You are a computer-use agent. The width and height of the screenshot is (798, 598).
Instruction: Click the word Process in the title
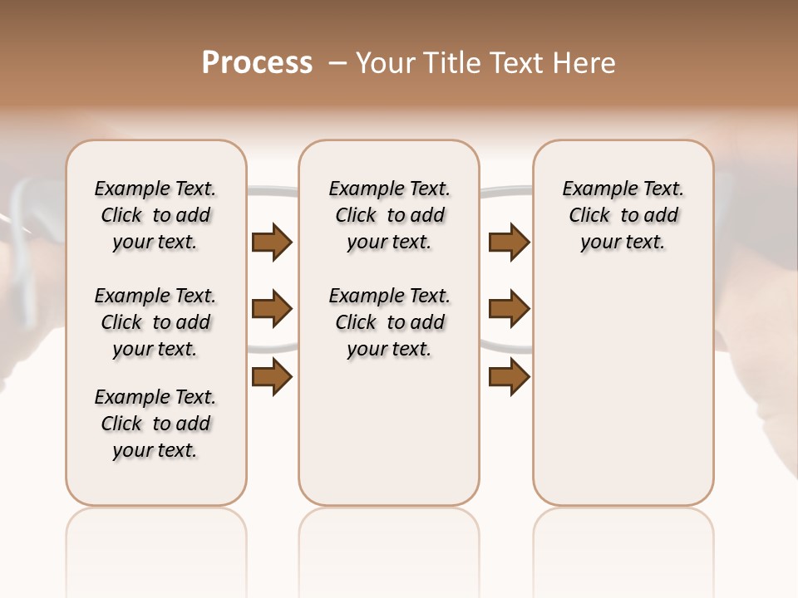point(257,63)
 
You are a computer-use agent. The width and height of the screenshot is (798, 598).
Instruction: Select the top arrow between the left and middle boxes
point(272,243)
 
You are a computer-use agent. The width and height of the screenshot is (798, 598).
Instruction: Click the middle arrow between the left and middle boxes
point(272,310)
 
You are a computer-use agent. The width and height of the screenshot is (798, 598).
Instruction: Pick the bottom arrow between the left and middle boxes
point(272,376)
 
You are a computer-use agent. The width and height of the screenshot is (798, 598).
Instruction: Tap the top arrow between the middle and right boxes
point(509,243)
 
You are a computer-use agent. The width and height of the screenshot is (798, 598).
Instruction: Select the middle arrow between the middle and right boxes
point(509,310)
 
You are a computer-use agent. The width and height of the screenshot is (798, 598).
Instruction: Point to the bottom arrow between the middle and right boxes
point(509,376)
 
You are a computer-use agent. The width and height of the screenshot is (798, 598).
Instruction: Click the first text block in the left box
point(155,215)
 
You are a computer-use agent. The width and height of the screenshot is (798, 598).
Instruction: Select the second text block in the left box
point(155,322)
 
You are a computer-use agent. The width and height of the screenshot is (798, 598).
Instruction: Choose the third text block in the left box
point(155,424)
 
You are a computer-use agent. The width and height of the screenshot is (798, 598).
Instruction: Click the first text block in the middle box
point(389,215)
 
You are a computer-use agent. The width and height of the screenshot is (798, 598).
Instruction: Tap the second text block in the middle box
point(389,322)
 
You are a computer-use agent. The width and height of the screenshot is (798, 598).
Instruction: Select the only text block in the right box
point(623,215)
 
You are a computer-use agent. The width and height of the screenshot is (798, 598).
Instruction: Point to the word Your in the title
point(384,63)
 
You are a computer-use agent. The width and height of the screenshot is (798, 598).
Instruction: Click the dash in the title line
point(337,63)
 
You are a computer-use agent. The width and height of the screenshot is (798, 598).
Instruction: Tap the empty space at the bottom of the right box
point(623,415)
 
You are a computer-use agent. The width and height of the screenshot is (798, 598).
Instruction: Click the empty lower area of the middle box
point(389,432)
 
